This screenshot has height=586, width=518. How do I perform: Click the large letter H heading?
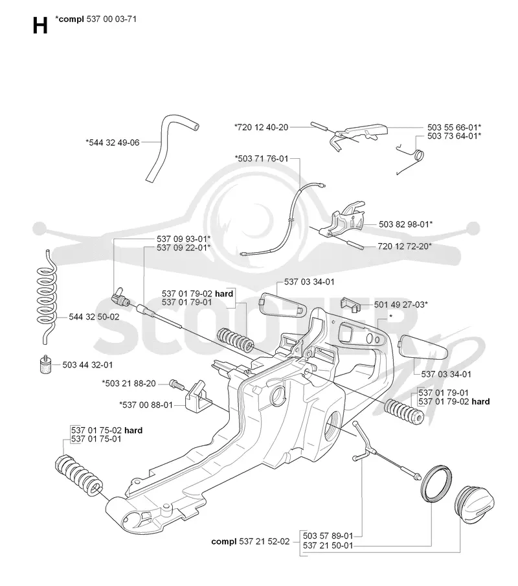coord(40,26)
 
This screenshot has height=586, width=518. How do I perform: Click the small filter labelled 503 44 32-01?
coord(45,364)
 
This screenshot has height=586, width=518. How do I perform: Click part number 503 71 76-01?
coord(262,158)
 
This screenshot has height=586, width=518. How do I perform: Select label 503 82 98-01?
coord(406,224)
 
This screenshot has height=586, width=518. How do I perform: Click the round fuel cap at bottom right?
coord(475,504)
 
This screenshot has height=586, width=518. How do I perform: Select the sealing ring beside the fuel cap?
coord(436,484)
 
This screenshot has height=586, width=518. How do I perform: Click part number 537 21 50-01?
coord(328,545)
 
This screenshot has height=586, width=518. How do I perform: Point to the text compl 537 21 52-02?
coord(251,541)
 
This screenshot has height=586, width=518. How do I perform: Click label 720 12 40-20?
coord(261,128)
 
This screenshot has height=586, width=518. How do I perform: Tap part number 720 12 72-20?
coord(405,246)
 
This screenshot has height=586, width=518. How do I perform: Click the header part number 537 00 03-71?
coord(111,19)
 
